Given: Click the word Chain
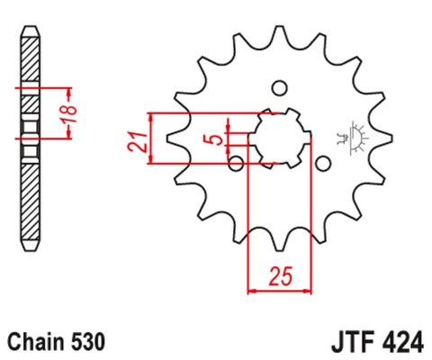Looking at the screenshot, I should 36,342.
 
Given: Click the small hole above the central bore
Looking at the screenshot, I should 279,87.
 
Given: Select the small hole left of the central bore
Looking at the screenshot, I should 236,163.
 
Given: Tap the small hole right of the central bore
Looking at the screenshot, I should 322,163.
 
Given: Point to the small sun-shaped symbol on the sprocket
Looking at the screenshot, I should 346,137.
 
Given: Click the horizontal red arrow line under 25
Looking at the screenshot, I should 279,291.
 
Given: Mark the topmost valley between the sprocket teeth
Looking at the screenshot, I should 279,45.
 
